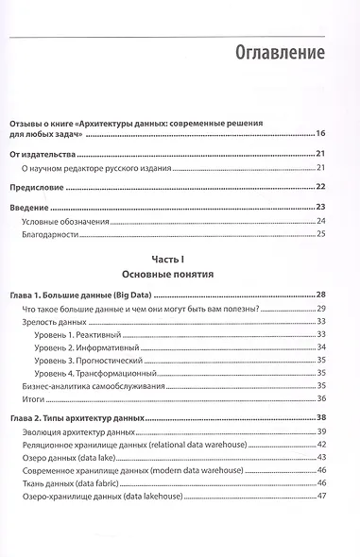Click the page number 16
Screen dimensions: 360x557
(320, 135)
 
